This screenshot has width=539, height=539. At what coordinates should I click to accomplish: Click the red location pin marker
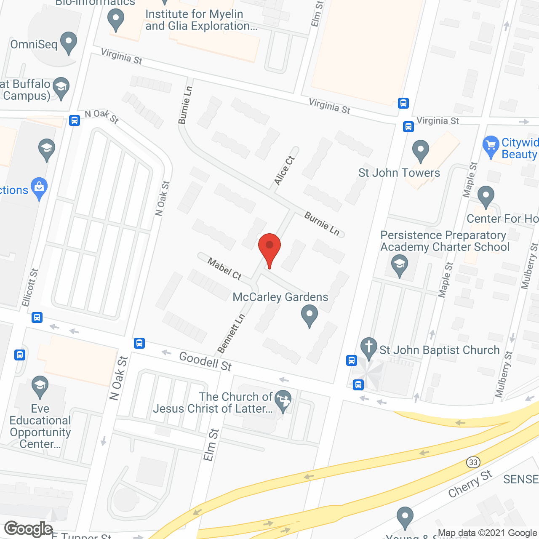pyautogui.click(x=269, y=248)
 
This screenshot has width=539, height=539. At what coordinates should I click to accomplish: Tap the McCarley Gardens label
pyautogui.click(x=280, y=297)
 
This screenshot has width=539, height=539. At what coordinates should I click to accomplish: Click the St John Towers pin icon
pyautogui.click(x=420, y=150)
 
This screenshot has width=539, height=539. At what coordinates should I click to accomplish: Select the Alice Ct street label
pyautogui.click(x=285, y=171)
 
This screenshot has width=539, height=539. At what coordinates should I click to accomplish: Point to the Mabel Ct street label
pyautogui.click(x=225, y=269)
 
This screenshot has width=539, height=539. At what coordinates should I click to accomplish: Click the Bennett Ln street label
pyautogui.click(x=231, y=334)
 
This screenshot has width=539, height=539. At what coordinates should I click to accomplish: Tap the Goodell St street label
pyautogui.click(x=205, y=361)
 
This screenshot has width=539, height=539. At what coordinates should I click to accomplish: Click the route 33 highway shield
pyautogui.click(x=473, y=462)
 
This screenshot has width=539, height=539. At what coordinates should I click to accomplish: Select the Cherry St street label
pyautogui.click(x=470, y=484)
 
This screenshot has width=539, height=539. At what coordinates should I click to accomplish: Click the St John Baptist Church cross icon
pyautogui.click(x=369, y=348)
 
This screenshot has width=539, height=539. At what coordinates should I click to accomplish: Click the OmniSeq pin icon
pyautogui.click(x=69, y=43)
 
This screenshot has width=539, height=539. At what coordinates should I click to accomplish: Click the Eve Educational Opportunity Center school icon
pyautogui.click(x=40, y=386)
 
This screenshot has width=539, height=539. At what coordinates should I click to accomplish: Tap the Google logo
pyautogui.click(x=29, y=529)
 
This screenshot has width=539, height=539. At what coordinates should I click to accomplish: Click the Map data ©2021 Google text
pyautogui.click(x=488, y=533)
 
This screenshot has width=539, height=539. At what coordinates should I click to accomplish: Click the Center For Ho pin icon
pyautogui.click(x=486, y=196)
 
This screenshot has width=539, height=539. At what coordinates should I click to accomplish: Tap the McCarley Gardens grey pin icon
pyautogui.click(x=310, y=316)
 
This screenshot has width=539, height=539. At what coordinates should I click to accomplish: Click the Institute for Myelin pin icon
pyautogui.click(x=116, y=20)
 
